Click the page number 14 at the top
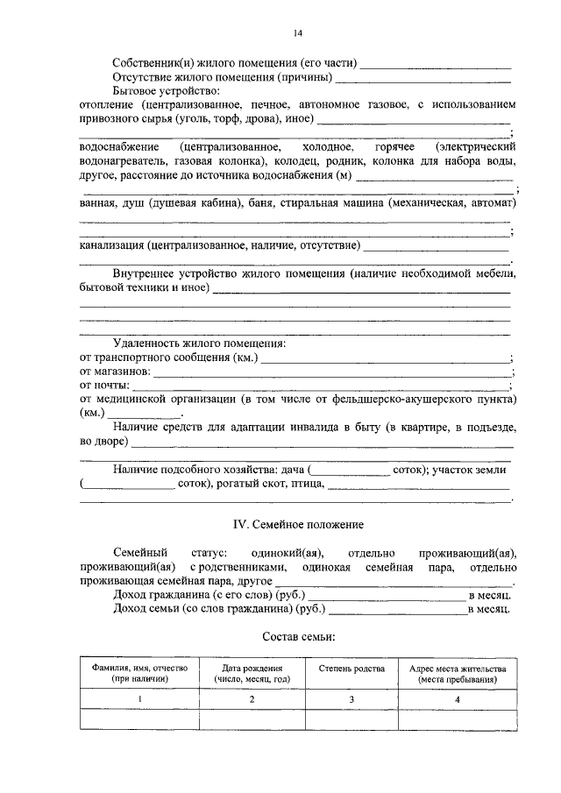coord(297,33)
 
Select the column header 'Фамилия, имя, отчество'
coord(139,673)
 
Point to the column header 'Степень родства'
coord(351,669)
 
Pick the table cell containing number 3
coord(351,698)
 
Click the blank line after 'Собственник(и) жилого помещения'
coord(436,66)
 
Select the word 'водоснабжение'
coord(117,146)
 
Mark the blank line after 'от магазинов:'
coord(332,373)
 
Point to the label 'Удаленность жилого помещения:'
coord(193,343)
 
